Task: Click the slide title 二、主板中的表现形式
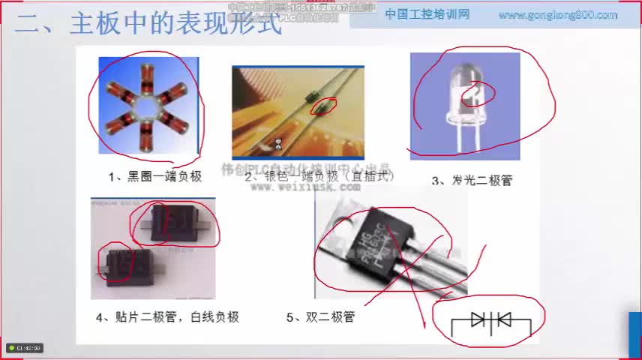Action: [150, 24]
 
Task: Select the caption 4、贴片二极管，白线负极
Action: [167, 317]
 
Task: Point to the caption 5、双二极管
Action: [320, 317]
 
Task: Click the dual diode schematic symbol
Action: [490, 321]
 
